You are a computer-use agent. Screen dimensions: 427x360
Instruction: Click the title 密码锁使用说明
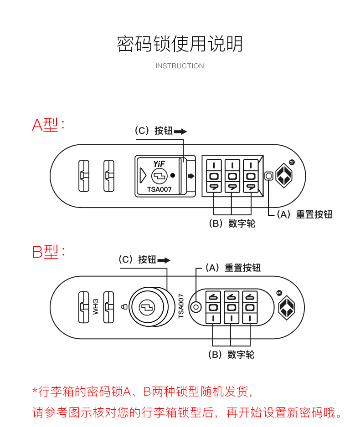(180, 44)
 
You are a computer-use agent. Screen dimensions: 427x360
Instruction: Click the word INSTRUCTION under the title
(180, 66)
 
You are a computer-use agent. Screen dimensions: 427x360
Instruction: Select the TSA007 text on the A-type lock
(159, 189)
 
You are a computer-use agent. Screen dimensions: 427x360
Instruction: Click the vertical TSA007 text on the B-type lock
(181, 306)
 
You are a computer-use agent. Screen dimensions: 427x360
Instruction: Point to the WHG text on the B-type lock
(96, 306)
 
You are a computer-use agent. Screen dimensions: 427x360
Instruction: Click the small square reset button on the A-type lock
(268, 176)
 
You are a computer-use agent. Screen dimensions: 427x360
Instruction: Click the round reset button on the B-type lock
(196, 307)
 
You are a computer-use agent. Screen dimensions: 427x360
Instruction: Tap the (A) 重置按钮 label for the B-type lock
(233, 268)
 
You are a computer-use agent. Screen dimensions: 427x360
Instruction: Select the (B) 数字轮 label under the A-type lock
(232, 224)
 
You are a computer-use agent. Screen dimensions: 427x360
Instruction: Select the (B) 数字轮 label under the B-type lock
(231, 355)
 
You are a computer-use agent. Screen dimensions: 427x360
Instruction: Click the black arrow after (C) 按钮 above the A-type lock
(180, 131)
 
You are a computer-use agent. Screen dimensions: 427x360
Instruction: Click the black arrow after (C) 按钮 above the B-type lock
(164, 260)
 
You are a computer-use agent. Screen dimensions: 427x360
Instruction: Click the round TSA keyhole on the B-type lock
(147, 307)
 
